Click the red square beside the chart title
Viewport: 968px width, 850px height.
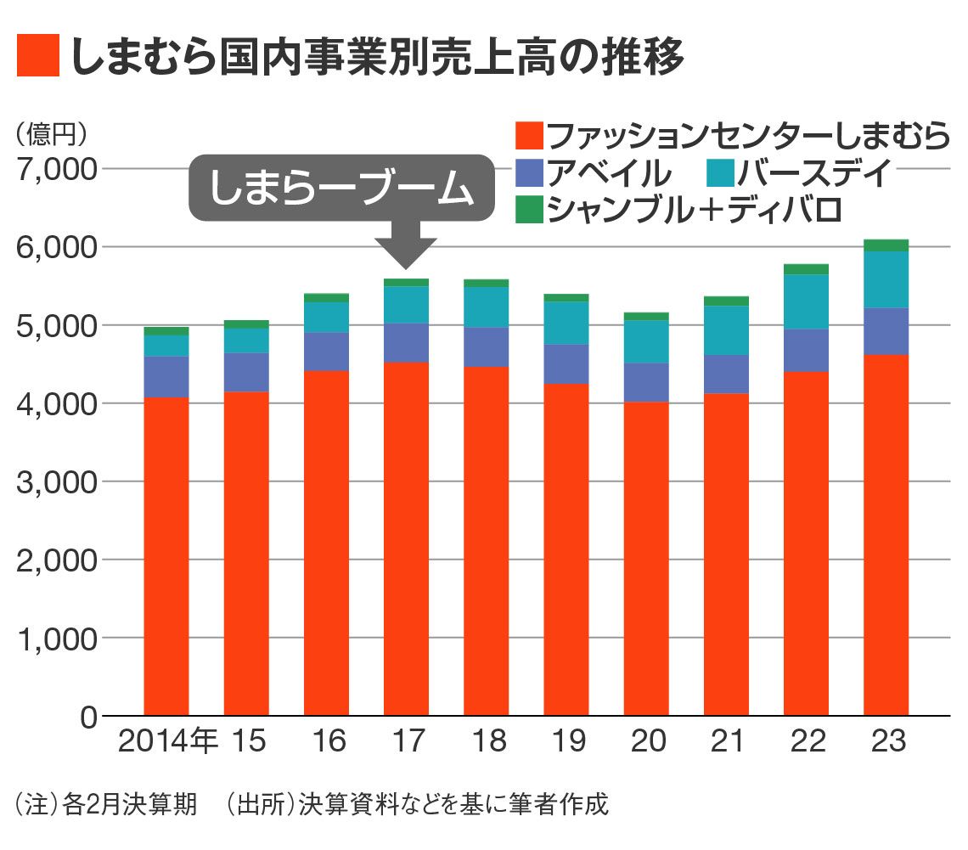pos(37,56)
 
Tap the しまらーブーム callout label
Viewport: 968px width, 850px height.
pos(340,188)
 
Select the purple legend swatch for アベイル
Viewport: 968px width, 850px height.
pos(529,172)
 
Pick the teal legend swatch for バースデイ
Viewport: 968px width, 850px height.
pos(719,172)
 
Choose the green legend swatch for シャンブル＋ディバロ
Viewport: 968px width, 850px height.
pos(529,210)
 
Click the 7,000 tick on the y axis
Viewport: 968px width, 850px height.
pos(55,168)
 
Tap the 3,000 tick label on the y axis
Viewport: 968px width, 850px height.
pos(55,481)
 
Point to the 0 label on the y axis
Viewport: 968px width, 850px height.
pos(88,717)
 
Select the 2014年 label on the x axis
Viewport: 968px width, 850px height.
pos(167,741)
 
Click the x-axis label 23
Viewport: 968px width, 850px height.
pos(886,741)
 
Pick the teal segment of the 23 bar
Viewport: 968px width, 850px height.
pos(886,279)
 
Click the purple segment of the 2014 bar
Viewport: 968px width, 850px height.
pos(166,376)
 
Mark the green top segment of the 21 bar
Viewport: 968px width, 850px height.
pos(726,301)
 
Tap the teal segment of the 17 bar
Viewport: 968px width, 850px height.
pos(406,304)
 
